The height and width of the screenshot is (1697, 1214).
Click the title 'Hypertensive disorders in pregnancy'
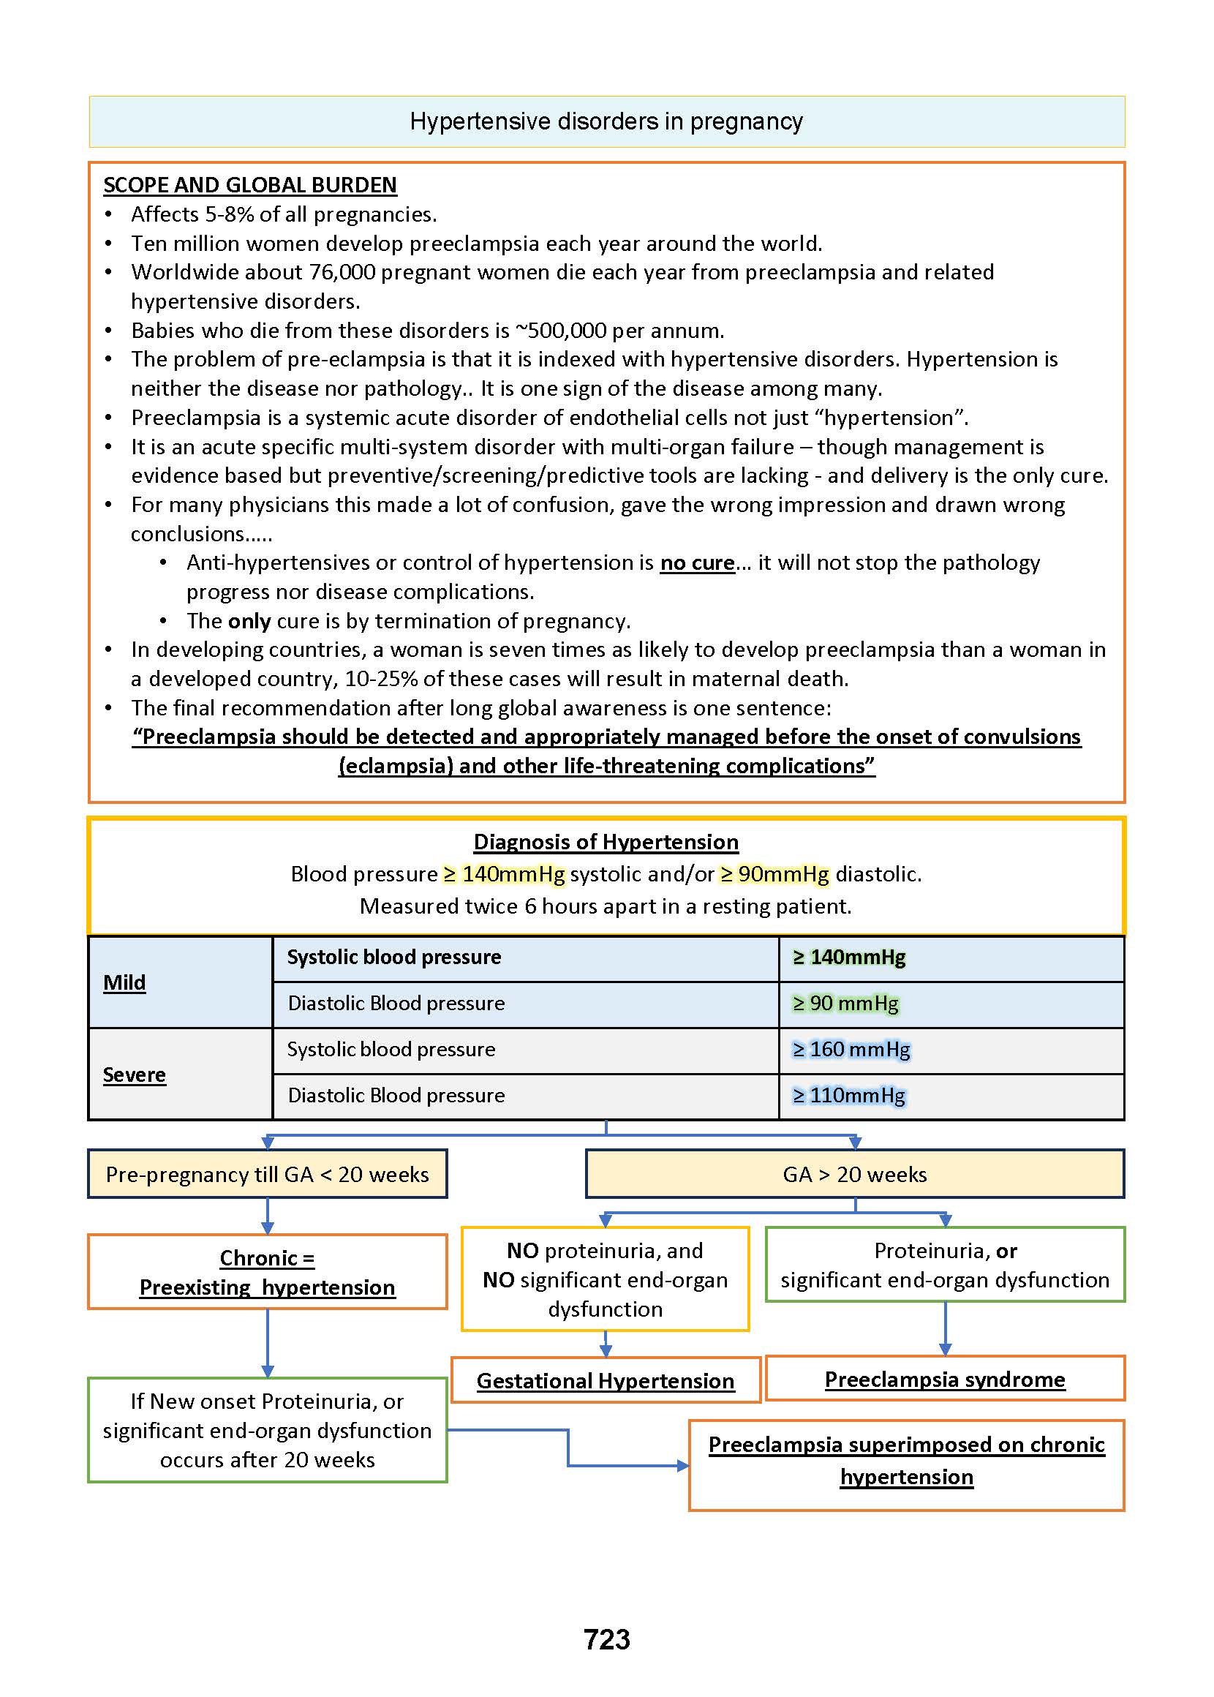click(606, 121)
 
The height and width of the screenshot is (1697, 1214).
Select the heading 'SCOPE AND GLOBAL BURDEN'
click(249, 184)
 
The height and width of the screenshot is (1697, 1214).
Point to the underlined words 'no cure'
click(697, 562)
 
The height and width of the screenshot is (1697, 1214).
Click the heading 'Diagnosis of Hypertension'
click(606, 842)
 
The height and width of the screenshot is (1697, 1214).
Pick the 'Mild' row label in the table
click(124, 982)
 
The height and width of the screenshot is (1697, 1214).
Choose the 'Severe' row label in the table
click(135, 1075)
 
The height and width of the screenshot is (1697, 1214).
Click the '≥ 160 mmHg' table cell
click(851, 1050)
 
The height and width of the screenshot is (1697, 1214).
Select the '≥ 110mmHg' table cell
click(848, 1096)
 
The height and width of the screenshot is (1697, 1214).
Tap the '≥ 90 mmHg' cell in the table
click(845, 1004)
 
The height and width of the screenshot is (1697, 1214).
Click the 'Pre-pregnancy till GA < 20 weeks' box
click(267, 1175)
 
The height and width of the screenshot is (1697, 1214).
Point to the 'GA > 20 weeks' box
click(854, 1175)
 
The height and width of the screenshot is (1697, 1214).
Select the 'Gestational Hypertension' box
click(606, 1381)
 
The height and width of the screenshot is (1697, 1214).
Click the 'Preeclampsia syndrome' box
click(945, 1380)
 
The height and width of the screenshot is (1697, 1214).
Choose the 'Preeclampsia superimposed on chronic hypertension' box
click(906, 1461)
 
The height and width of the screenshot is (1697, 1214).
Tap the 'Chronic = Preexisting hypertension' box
click(267, 1272)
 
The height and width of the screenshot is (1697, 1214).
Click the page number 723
click(606, 1639)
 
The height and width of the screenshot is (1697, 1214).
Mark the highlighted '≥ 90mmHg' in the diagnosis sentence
click(774, 874)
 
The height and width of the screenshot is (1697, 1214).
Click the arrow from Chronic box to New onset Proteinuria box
click(268, 1343)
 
